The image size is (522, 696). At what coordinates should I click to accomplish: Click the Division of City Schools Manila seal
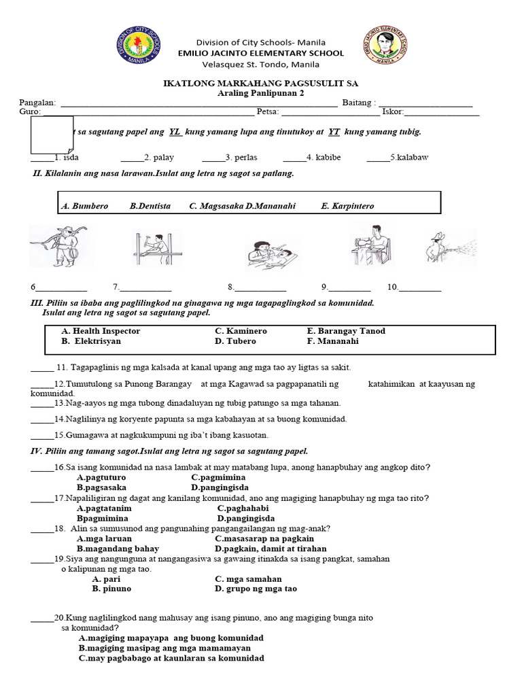pyautogui.click(x=138, y=46)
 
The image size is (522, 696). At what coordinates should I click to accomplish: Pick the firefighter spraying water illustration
pyautogui.click(x=450, y=247)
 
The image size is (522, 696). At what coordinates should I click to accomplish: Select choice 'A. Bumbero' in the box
pyautogui.click(x=84, y=206)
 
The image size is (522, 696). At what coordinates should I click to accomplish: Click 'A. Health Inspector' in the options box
pyautogui.click(x=101, y=331)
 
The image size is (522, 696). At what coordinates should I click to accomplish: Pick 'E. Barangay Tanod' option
pyautogui.click(x=346, y=331)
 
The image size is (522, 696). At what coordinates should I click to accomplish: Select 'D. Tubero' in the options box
pyautogui.click(x=235, y=341)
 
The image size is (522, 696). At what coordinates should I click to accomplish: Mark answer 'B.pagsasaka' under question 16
pyautogui.click(x=101, y=487)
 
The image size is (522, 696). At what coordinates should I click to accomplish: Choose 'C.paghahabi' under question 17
pyautogui.click(x=243, y=508)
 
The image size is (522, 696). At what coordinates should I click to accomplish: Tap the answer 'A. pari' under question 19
pyautogui.click(x=107, y=579)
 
